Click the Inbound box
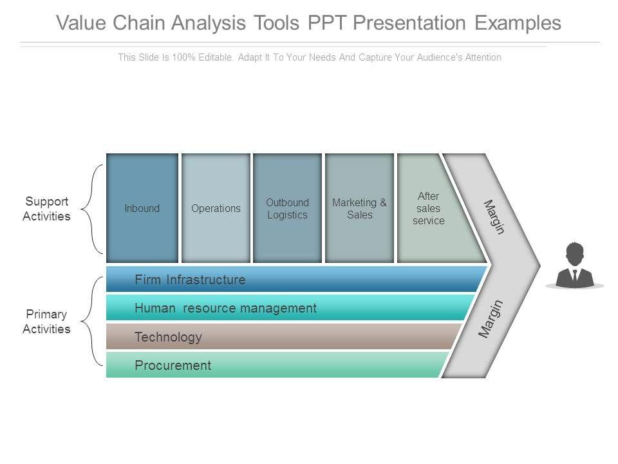(x=142, y=208)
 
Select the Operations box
(x=216, y=208)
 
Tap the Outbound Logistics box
(x=287, y=208)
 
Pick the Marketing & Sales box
(x=359, y=208)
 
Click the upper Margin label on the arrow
(x=494, y=217)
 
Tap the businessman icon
(x=574, y=266)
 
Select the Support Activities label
(x=46, y=209)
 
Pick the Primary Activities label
(x=46, y=322)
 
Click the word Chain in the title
(x=141, y=23)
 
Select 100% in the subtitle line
(x=185, y=57)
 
